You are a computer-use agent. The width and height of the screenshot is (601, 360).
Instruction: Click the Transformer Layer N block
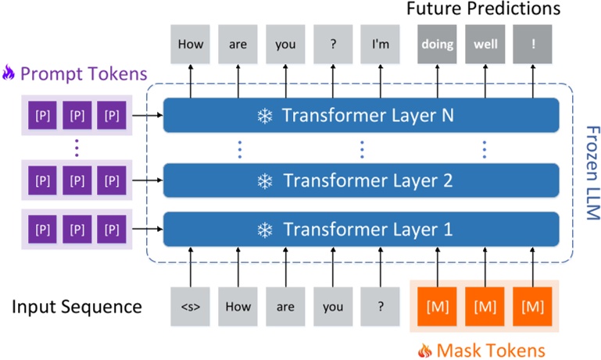361,116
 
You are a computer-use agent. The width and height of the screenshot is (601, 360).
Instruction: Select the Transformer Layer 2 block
361,180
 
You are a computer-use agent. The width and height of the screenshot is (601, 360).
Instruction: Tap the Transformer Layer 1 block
361,230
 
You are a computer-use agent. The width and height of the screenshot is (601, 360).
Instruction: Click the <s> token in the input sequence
191,306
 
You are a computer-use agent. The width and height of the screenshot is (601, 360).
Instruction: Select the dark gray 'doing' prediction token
438,45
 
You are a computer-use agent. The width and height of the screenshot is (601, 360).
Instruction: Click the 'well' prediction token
485,45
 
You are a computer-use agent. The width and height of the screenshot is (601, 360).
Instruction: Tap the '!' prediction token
533,45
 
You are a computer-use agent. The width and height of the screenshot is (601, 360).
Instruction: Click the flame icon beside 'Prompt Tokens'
9,74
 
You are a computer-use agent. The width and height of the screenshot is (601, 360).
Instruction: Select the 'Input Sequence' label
77,306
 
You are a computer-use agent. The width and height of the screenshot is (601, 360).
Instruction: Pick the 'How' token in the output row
191,45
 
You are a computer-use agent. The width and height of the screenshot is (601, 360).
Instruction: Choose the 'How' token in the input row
238,306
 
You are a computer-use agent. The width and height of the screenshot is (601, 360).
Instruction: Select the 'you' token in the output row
285,45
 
